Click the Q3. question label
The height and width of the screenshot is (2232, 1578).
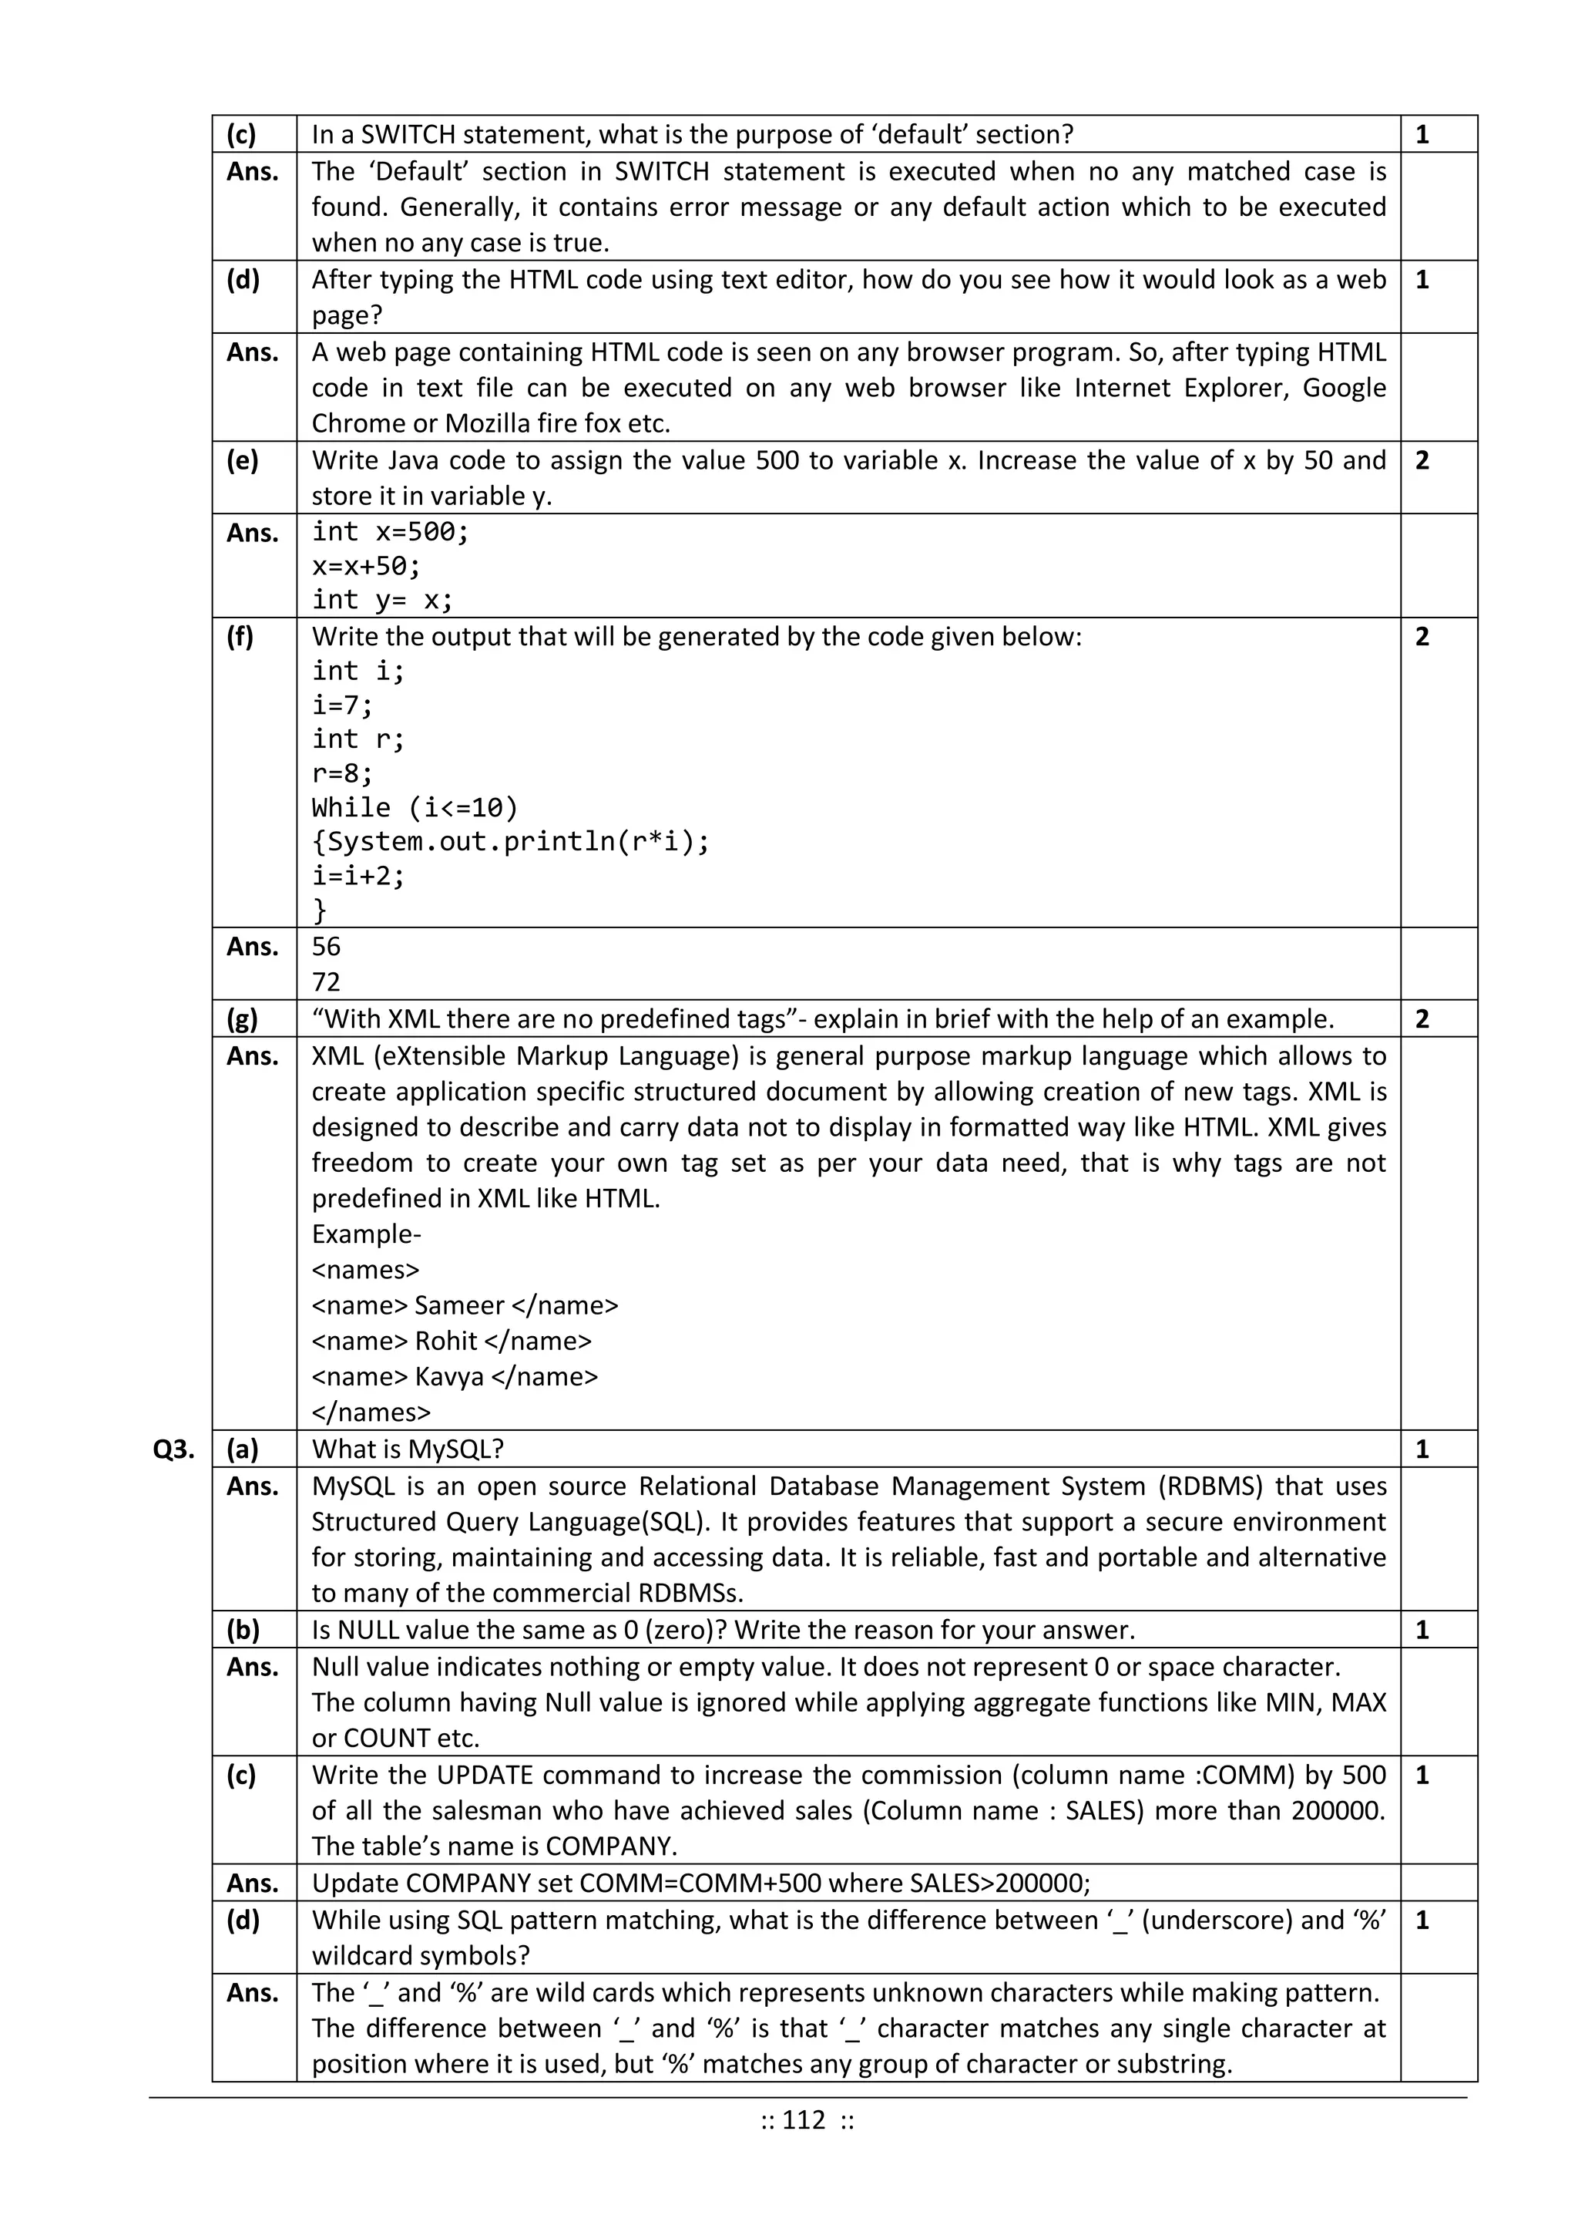click(174, 1449)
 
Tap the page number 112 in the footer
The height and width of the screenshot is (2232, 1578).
click(804, 2119)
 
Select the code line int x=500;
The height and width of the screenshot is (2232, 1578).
click(390, 532)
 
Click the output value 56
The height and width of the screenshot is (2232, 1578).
click(327, 946)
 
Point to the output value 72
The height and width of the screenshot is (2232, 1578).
click(327, 981)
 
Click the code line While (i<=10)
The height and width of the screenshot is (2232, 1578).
click(415, 807)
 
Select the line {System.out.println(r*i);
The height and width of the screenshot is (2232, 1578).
click(511, 841)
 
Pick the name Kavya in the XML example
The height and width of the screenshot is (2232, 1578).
click(449, 1376)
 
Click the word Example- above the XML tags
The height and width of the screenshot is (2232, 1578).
click(366, 1234)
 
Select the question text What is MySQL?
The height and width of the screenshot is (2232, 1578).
click(408, 1449)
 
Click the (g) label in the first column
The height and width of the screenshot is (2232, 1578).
click(242, 1018)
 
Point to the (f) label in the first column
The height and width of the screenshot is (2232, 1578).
click(240, 637)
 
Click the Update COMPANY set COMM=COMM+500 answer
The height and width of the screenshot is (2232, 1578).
click(700, 1883)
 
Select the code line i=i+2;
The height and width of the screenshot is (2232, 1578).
click(358, 875)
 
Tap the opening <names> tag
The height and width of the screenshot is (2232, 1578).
click(365, 1270)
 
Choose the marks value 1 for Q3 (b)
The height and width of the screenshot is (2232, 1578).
click(1422, 1631)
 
